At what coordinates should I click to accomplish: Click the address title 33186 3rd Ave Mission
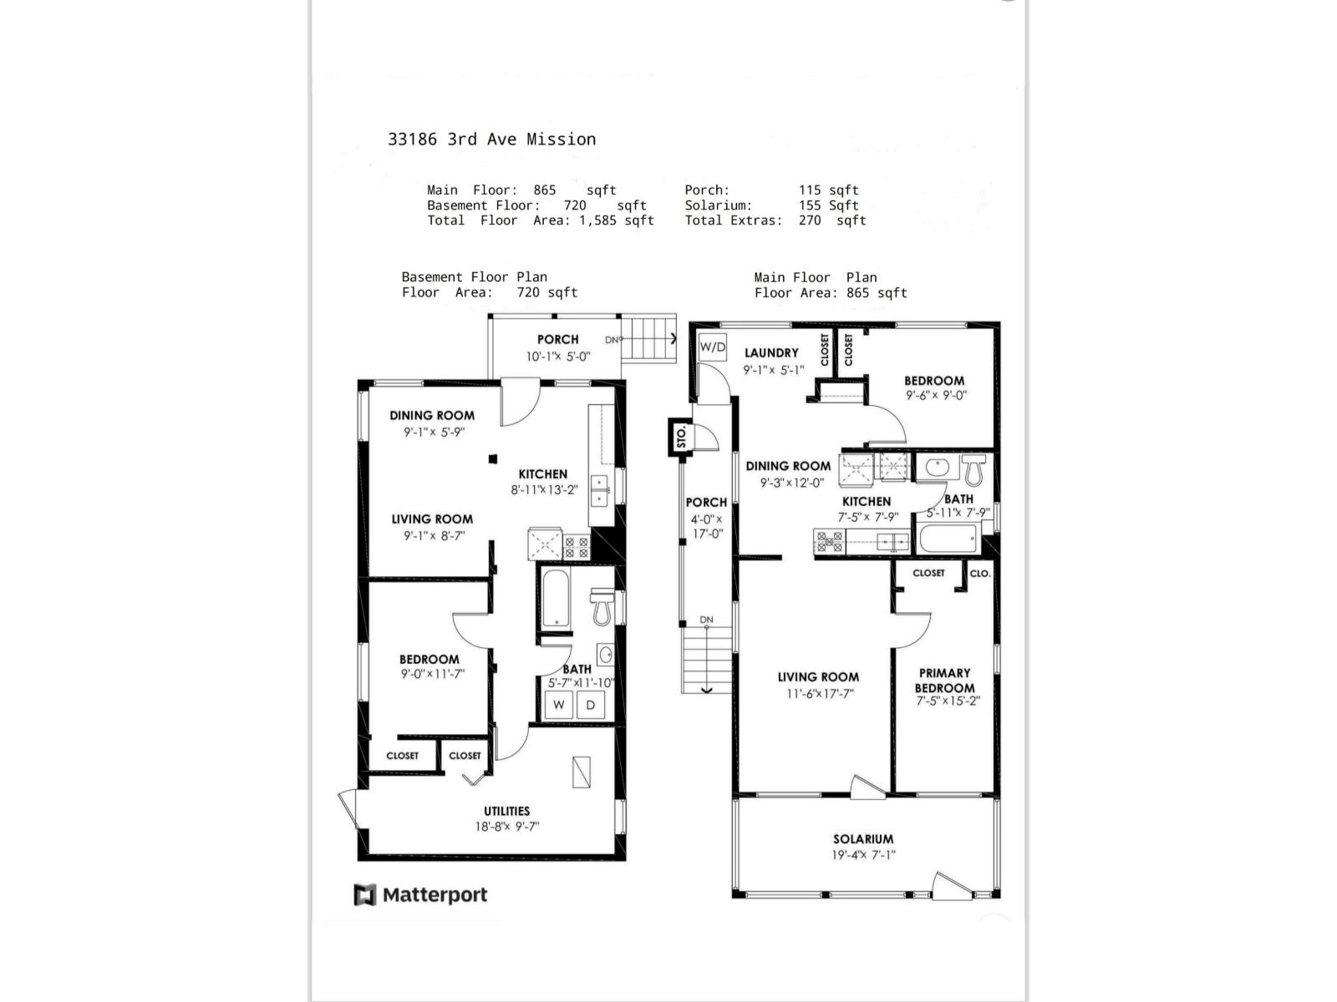[491, 139]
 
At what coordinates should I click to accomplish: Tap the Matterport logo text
[435, 895]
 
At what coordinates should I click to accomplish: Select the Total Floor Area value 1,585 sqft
[616, 220]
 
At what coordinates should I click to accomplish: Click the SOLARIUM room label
[862, 839]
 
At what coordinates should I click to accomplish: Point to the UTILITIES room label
[506, 811]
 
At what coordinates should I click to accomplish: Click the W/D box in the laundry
[713, 347]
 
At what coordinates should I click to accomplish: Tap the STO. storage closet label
[681, 437]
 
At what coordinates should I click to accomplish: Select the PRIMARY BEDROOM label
[944, 680]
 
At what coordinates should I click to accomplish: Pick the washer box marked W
[559, 705]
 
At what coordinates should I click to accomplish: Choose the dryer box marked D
[591, 705]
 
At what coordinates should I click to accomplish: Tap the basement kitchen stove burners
[577, 547]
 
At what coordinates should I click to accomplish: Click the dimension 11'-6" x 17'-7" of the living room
[819, 693]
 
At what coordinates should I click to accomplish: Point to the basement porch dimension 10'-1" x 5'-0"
[557, 356]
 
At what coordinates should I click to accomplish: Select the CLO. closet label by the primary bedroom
[980, 573]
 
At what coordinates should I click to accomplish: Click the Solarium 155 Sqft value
[828, 205]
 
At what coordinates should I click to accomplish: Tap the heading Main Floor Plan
[815, 277]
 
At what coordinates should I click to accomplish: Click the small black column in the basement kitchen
[493, 458]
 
